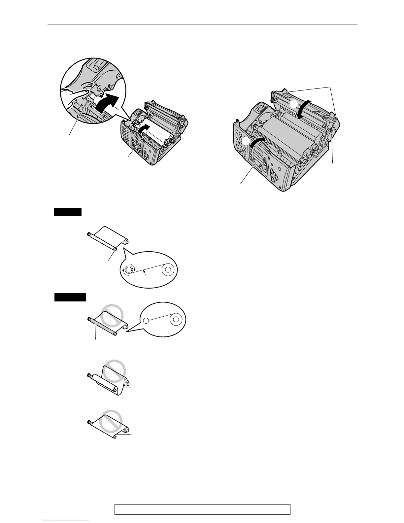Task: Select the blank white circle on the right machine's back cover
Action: (x=293, y=104)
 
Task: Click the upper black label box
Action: (x=68, y=212)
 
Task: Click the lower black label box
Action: (x=70, y=297)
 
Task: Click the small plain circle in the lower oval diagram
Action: (x=147, y=320)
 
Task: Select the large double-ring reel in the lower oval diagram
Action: (x=176, y=319)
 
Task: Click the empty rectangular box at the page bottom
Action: (x=202, y=509)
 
